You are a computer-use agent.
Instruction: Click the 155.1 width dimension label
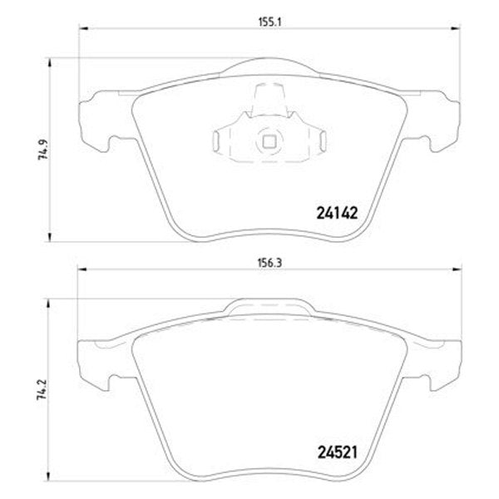coord(269,22)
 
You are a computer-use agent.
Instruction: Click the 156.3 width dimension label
coord(269,263)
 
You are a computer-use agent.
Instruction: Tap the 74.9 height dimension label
coord(42,150)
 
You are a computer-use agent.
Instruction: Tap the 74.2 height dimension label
coord(42,389)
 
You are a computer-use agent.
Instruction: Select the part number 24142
coord(337,213)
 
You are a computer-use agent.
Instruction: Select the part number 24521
coord(338,452)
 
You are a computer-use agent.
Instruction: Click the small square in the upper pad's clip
coord(269,142)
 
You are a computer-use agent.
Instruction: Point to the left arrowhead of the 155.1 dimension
coord(82,29)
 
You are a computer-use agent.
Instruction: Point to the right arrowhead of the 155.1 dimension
coord(456,29)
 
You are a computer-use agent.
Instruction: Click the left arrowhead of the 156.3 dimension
coord(82,269)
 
